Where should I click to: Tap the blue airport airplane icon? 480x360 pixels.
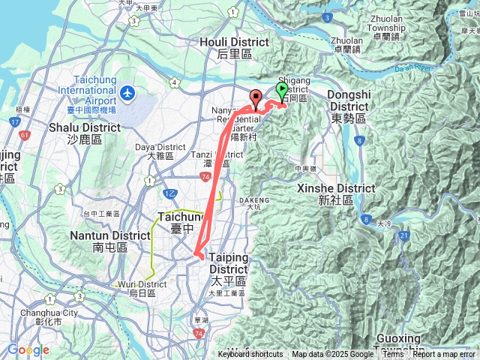pyautogui.click(x=127, y=93)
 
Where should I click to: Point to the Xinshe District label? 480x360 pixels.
pyautogui.click(x=325, y=193)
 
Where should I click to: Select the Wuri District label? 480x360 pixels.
pyautogui.click(x=142, y=288)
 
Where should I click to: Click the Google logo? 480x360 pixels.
pyautogui.click(x=28, y=350)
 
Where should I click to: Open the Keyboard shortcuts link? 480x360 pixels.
pyautogui.click(x=250, y=355)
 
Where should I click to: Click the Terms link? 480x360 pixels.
pyautogui.click(x=393, y=355)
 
